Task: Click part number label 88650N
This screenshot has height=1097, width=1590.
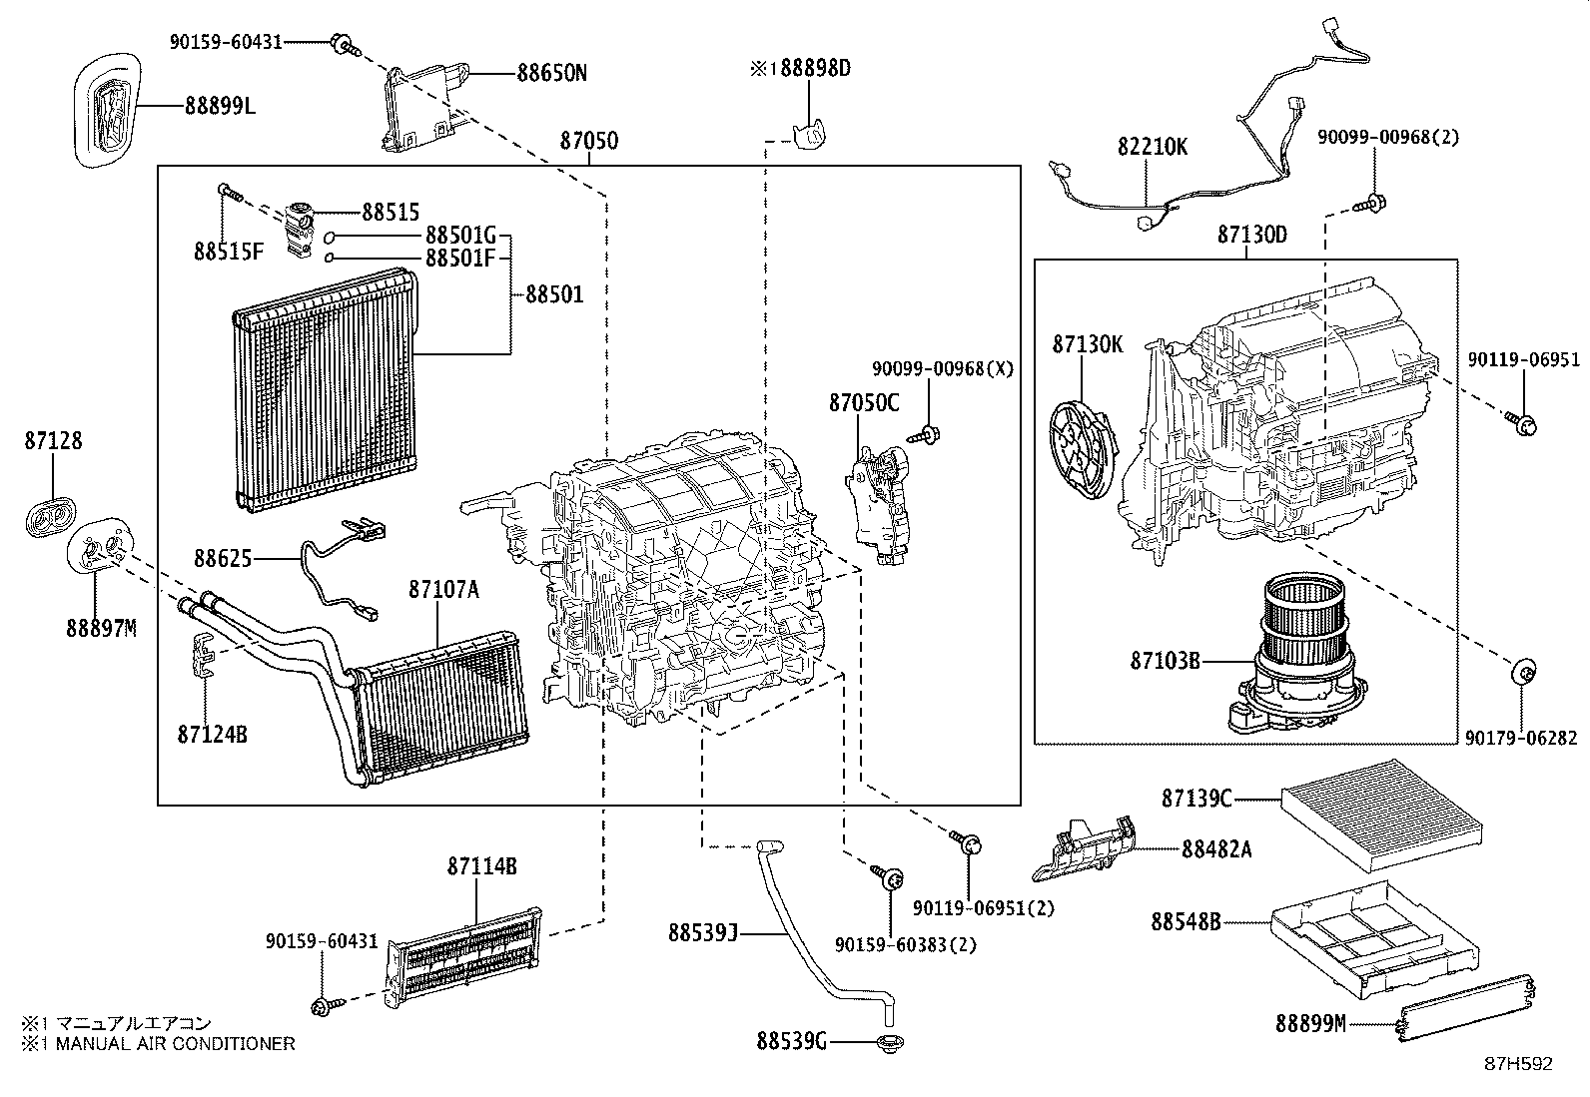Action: (551, 73)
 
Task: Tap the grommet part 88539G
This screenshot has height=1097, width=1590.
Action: (885, 1044)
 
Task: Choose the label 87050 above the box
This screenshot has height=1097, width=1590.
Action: (588, 141)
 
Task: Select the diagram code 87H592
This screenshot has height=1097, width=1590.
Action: (1518, 1064)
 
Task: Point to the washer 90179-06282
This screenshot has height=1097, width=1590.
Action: (1524, 672)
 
